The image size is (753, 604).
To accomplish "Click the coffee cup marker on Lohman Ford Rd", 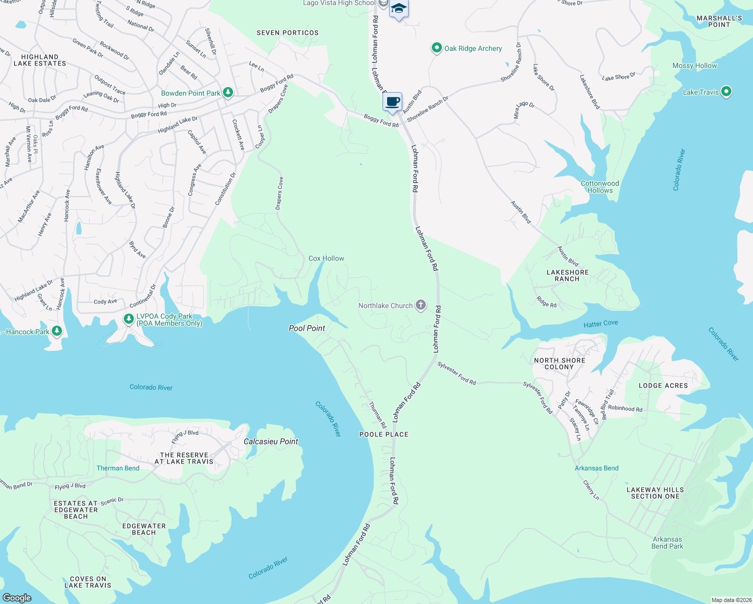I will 392,102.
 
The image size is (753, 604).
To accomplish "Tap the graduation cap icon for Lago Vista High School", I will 399,9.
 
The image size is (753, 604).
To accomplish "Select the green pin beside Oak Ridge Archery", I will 436,48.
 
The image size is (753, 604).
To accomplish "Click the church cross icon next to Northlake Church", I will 421,305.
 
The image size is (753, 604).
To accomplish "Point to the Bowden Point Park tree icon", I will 228,93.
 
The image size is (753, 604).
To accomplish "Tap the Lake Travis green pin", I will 726,92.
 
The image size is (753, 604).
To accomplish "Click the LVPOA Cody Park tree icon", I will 129,319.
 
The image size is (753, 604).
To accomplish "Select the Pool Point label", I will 307,328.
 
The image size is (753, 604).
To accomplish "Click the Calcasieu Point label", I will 271,441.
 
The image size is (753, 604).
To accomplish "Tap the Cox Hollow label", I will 326,258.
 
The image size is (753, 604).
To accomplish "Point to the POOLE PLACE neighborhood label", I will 384,434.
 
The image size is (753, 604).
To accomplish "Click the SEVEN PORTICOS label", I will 287,33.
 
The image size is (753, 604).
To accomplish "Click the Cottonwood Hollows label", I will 600,187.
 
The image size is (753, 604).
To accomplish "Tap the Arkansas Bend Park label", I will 667,543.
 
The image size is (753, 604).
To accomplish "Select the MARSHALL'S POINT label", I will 719,21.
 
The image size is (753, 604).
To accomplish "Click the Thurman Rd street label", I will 377,415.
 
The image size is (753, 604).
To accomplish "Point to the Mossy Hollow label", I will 695,65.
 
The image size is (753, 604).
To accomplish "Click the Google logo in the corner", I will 17,597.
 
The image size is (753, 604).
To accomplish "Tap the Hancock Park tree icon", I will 57,331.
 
